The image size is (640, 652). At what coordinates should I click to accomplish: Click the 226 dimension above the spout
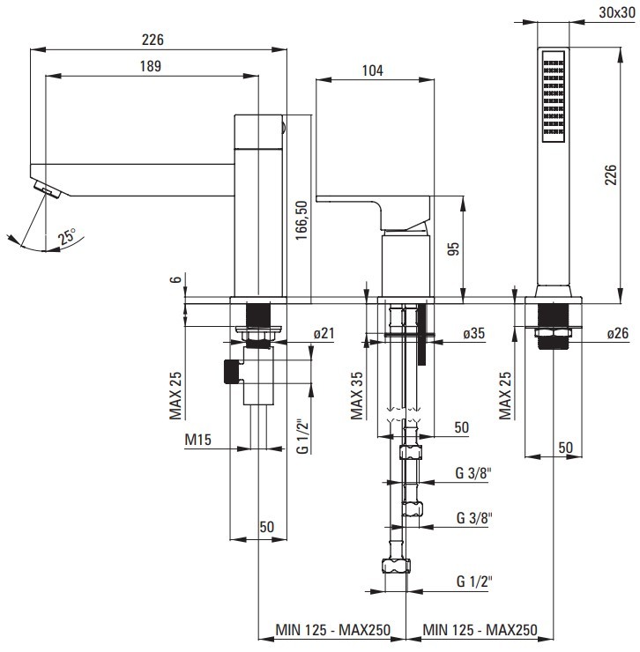tap(152, 40)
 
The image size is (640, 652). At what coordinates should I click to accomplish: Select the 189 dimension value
tap(152, 66)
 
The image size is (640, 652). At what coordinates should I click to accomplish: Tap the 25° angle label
tap(67, 236)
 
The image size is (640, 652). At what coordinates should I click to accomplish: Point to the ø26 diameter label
tap(618, 333)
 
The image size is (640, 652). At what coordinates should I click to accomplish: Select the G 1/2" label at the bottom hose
tap(474, 582)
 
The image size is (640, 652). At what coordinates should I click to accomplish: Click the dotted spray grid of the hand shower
tap(552, 98)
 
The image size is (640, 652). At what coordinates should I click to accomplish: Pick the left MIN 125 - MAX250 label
tap(329, 629)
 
